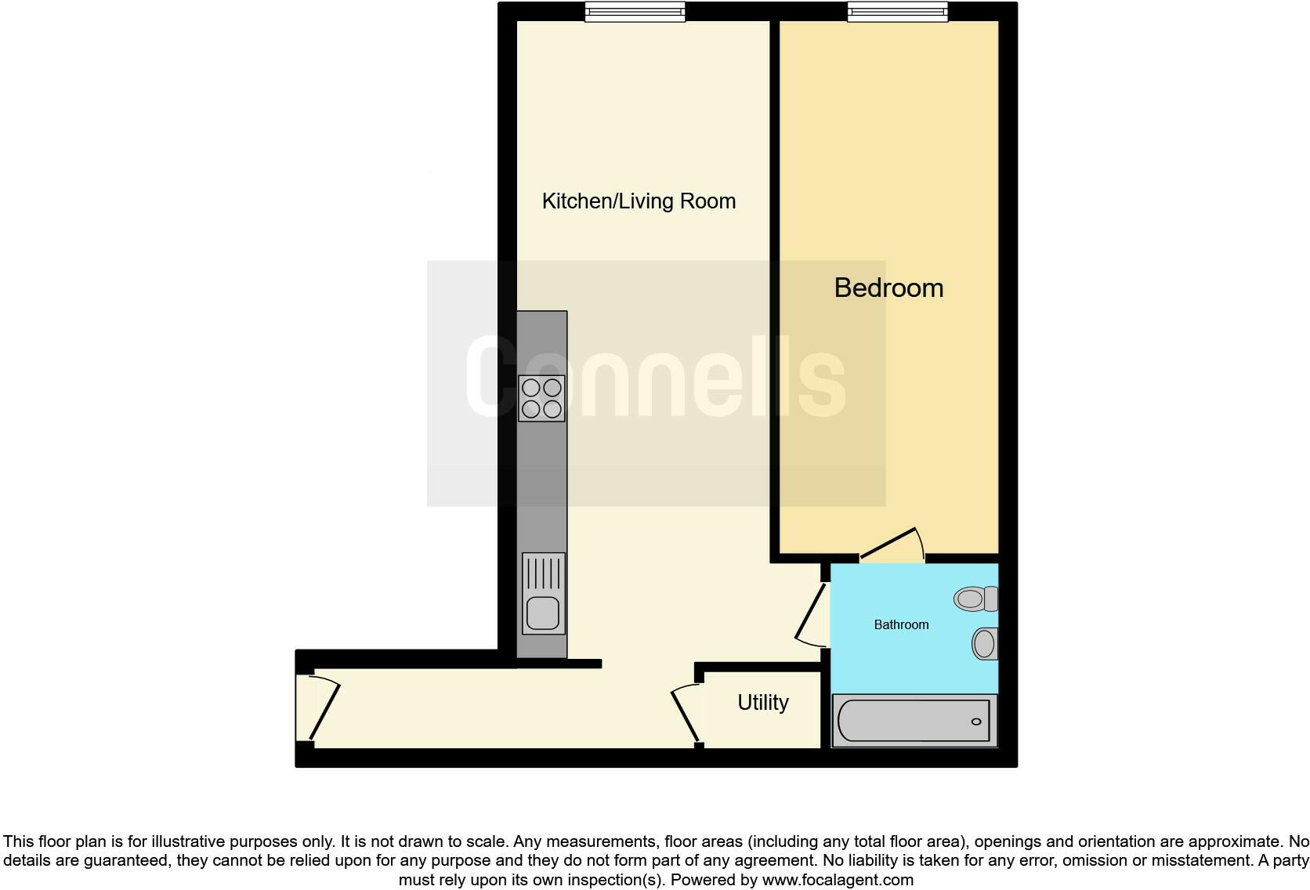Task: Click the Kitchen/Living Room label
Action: (x=639, y=201)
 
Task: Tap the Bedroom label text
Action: (x=888, y=288)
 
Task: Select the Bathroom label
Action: (x=901, y=624)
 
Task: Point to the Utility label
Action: (x=762, y=703)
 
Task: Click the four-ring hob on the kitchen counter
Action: (x=541, y=398)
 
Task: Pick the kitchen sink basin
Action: (x=542, y=613)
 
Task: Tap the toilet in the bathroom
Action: (x=975, y=599)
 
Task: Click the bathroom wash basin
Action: (x=984, y=644)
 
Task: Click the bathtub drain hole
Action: (x=976, y=722)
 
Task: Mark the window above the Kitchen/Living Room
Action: (x=635, y=12)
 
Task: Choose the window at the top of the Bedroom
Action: (x=897, y=12)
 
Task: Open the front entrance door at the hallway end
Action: (x=323, y=709)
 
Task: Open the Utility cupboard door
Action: (x=685, y=713)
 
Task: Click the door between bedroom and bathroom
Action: (x=893, y=544)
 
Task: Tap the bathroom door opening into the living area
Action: (x=811, y=615)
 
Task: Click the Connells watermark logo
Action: (x=656, y=376)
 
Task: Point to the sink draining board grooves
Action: (x=542, y=573)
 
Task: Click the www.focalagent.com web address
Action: (x=838, y=880)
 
